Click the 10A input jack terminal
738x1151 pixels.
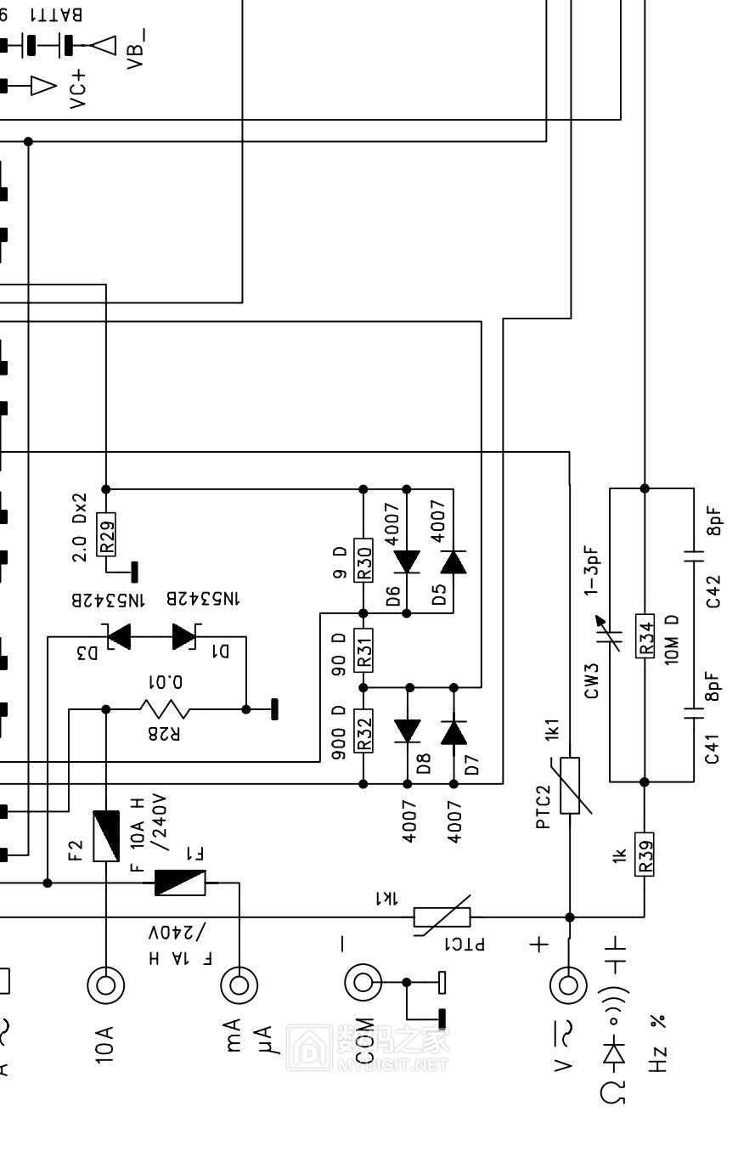[x=105, y=985]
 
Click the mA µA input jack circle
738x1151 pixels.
[x=239, y=985]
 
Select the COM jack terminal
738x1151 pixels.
[x=363, y=983]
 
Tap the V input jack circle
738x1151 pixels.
[x=568, y=985]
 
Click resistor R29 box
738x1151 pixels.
[x=106, y=534]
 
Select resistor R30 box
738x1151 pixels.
[x=363, y=561]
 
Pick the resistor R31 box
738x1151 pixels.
[x=363, y=649]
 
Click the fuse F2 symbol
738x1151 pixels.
[x=106, y=836]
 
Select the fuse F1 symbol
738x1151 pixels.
[x=180, y=883]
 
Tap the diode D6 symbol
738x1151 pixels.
[x=407, y=561]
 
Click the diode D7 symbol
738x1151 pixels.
[x=454, y=731]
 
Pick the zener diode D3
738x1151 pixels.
[x=117, y=636]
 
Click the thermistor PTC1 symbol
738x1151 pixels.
[x=442, y=917]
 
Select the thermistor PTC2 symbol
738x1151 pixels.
[x=570, y=785]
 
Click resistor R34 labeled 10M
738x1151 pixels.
[x=645, y=635]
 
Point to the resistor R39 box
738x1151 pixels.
[x=645, y=854]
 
